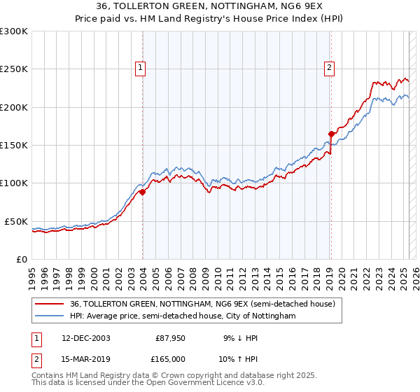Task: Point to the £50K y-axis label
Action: coord(15,221)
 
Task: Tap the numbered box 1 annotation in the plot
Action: coord(141,68)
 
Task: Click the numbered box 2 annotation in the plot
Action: coord(329,68)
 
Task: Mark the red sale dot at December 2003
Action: coord(142,192)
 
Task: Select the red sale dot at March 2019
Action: coord(331,134)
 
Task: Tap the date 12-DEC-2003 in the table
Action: coord(85,338)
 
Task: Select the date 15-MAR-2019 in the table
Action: coord(85,358)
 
